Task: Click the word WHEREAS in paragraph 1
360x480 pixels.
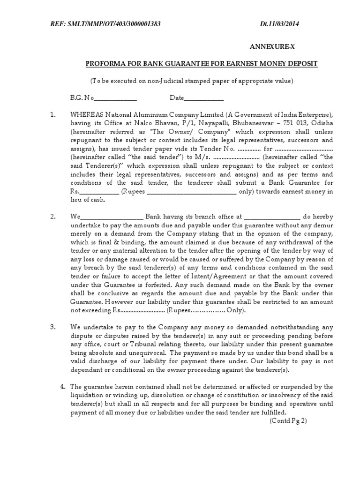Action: (x=86, y=115)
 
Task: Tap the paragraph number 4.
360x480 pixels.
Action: (x=62, y=387)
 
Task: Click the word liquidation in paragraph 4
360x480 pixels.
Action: (x=86, y=395)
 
